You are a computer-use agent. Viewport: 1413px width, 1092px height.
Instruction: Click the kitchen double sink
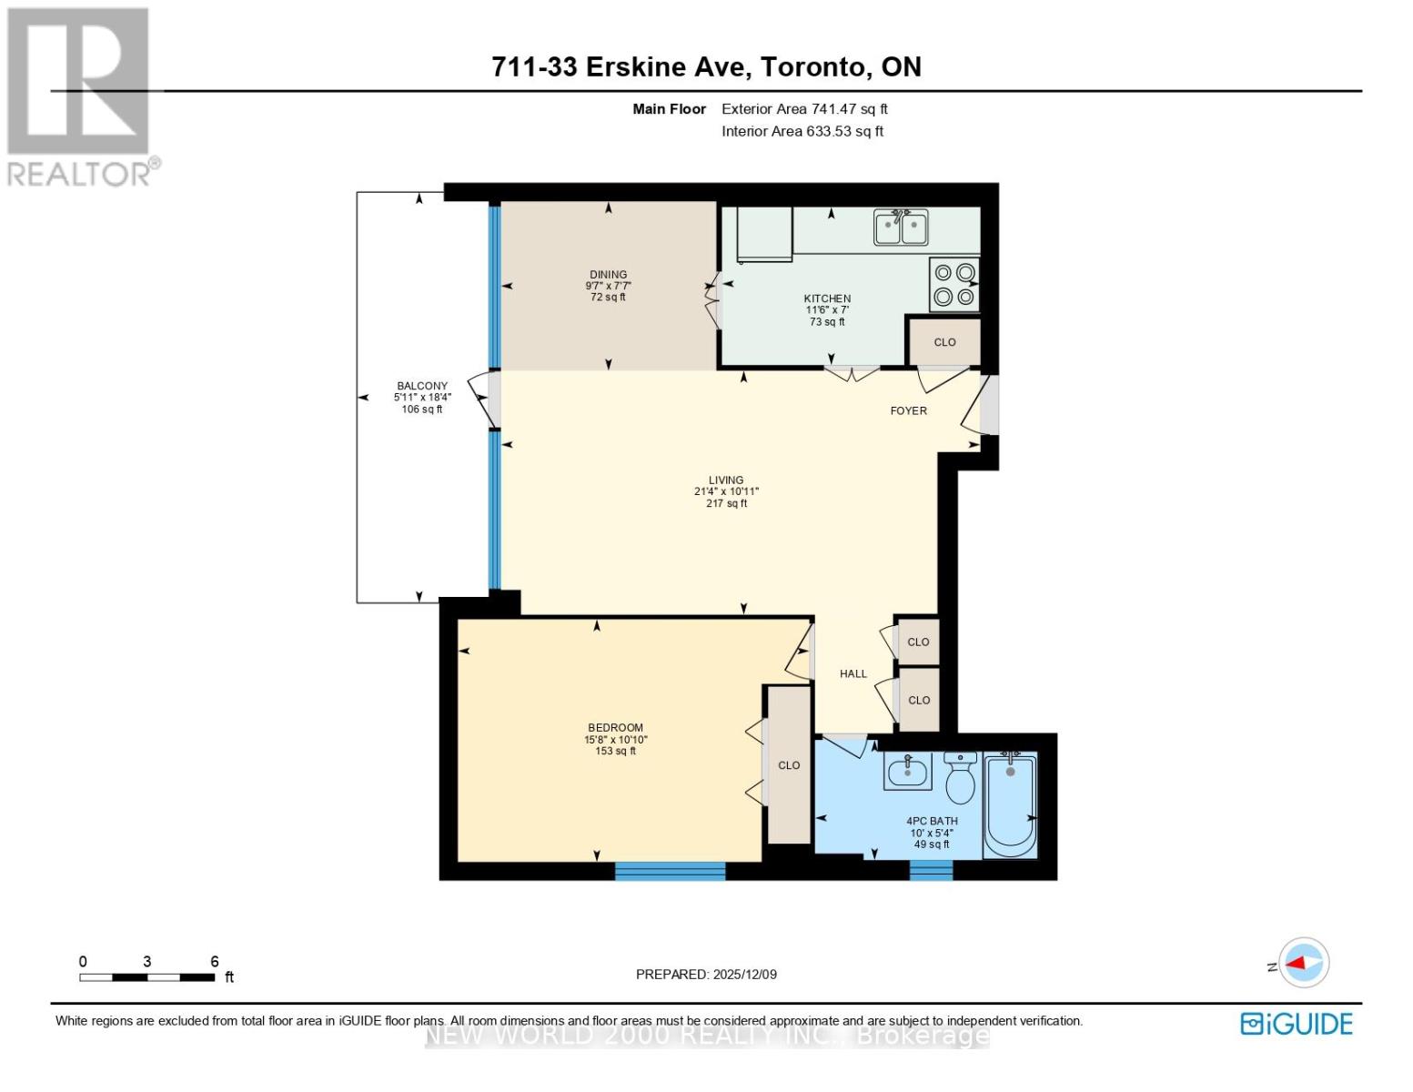tap(901, 227)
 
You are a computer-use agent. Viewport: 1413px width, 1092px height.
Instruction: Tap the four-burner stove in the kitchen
tap(954, 284)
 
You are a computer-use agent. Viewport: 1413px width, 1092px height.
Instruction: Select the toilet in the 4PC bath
tap(961, 777)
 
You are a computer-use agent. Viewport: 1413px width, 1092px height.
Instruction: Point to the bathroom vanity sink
tap(907, 773)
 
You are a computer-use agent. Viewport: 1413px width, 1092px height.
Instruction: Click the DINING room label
tap(608, 275)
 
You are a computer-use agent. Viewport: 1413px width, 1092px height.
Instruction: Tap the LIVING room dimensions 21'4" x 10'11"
tap(726, 491)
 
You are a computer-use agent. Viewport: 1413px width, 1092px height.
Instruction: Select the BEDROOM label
tap(615, 728)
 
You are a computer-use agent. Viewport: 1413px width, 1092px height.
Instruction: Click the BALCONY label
tap(422, 386)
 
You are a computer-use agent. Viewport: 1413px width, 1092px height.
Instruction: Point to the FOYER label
tap(908, 411)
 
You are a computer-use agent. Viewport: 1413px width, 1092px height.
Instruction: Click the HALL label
tap(853, 674)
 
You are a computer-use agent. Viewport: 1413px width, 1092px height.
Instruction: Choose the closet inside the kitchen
tap(944, 342)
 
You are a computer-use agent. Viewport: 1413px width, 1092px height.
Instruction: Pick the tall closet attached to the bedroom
tap(789, 765)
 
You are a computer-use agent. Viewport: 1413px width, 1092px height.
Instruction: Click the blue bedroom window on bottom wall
tap(670, 871)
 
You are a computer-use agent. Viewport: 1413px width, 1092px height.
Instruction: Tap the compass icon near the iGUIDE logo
tap(1304, 962)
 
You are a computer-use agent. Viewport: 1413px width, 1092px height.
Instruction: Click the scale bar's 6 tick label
tap(215, 961)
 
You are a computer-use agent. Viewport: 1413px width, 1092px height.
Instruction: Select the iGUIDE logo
tap(1297, 1024)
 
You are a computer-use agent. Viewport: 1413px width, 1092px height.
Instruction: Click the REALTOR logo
tap(80, 96)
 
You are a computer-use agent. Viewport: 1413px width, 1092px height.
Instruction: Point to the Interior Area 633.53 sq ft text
tap(802, 131)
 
